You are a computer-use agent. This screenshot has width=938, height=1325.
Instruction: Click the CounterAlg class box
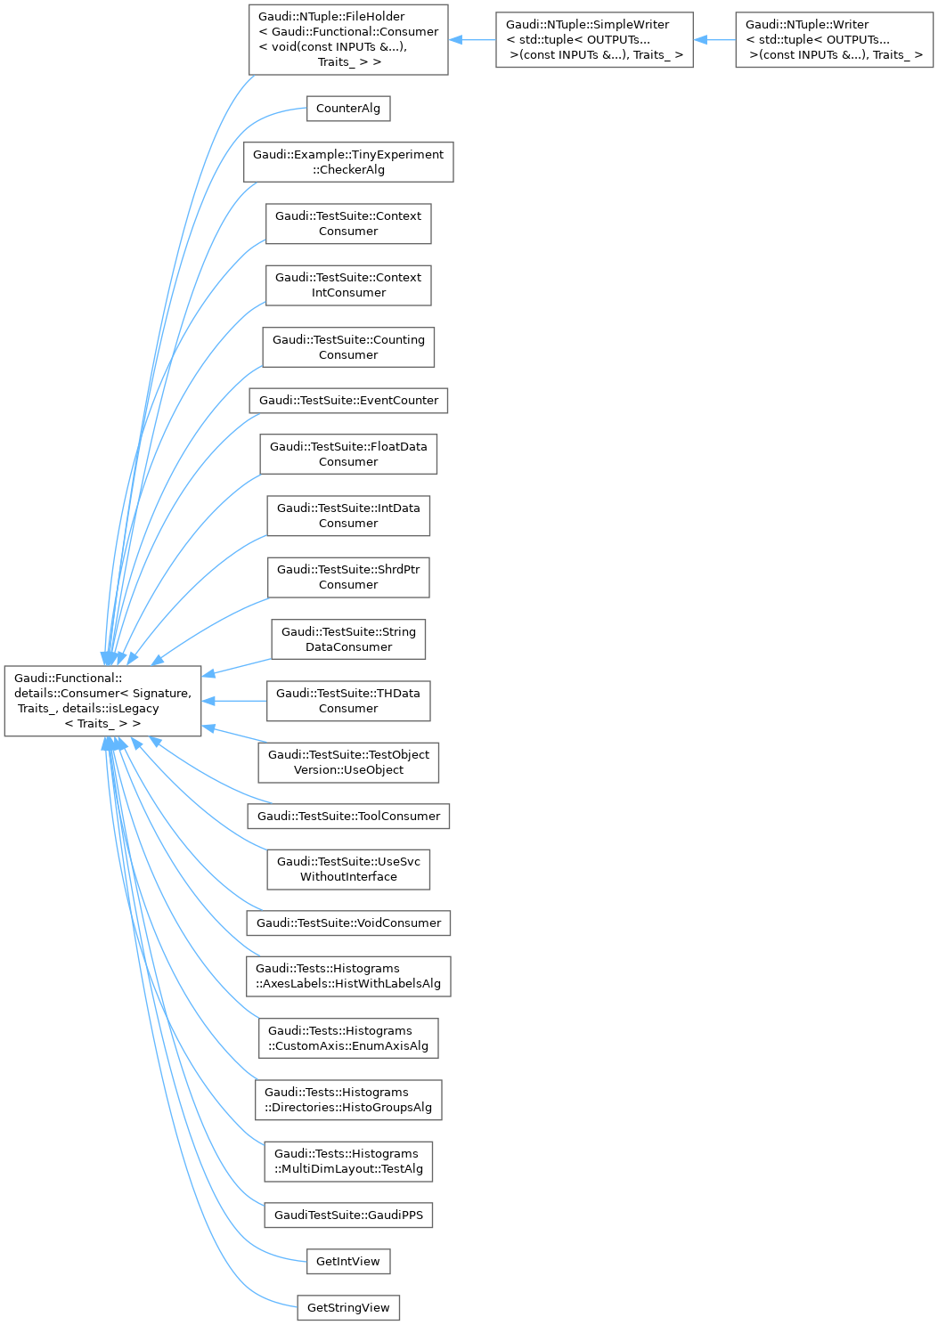(348, 109)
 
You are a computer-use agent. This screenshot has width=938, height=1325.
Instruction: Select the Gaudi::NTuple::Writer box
(834, 40)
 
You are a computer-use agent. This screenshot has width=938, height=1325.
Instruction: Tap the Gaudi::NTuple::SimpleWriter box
(594, 40)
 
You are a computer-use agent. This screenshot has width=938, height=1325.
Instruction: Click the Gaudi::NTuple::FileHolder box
(348, 40)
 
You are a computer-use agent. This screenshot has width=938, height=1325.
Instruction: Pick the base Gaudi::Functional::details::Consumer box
(102, 701)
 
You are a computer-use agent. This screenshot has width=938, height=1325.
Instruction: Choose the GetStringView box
(348, 1307)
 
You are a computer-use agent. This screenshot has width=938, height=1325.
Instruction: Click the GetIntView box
(348, 1261)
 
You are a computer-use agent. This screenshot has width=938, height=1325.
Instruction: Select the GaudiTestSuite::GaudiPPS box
(348, 1215)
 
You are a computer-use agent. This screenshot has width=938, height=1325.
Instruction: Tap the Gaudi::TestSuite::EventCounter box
(348, 401)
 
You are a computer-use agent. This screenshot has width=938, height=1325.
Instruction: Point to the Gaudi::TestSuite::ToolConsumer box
(348, 816)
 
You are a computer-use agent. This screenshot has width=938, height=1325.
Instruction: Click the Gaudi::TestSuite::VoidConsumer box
(348, 923)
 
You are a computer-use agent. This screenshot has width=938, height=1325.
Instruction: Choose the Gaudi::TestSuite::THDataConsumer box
(348, 701)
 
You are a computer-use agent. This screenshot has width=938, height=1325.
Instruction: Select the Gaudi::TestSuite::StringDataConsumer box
(348, 639)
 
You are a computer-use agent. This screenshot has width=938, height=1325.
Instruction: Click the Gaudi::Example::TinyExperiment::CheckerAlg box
(348, 162)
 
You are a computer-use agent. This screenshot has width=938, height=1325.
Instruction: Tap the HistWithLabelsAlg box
(348, 976)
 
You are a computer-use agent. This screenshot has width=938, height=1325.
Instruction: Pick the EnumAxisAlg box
(348, 1038)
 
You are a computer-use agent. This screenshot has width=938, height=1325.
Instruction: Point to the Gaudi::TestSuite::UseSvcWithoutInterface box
(348, 869)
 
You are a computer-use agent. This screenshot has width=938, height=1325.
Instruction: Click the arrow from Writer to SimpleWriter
(714, 40)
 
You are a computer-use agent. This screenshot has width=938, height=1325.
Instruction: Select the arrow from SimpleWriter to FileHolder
(471, 40)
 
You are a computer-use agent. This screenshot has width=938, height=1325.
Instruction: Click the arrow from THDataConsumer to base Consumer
(234, 701)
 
